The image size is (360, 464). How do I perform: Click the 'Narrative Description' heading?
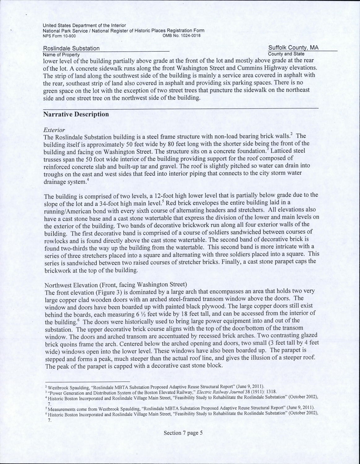click(76, 114)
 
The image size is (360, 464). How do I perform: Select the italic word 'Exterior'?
click(54, 130)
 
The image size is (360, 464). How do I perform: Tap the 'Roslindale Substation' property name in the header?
click(71, 48)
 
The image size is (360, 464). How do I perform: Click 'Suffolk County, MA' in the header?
click(293, 48)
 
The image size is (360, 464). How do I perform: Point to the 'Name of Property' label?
click(61, 54)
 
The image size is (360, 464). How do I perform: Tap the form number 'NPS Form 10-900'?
click(59, 35)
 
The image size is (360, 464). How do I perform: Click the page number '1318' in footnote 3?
click(271, 391)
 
